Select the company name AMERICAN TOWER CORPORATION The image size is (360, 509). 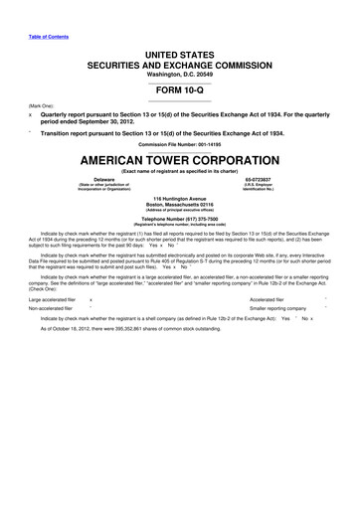click(180, 161)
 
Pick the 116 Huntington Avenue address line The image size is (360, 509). click(180, 197)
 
